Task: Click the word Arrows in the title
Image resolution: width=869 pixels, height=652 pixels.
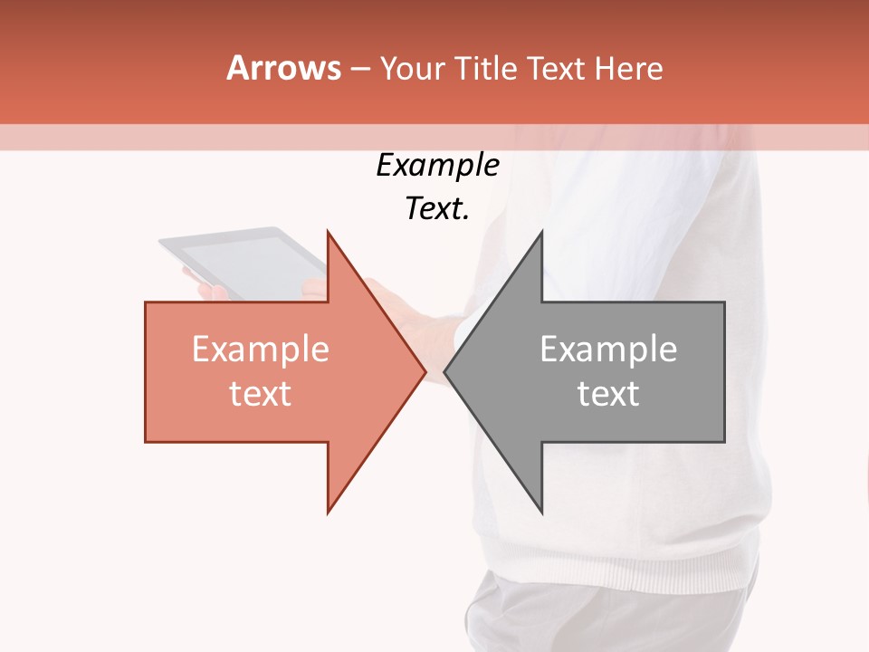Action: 283,68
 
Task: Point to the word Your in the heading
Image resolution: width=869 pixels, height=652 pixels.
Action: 412,68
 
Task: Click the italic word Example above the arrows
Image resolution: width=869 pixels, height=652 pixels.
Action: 437,166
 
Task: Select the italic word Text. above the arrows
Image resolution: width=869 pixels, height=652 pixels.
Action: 437,209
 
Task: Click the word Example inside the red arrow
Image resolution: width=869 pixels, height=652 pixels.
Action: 261,350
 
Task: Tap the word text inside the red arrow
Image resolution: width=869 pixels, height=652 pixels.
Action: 261,394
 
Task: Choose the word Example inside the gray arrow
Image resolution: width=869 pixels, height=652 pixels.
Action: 608,350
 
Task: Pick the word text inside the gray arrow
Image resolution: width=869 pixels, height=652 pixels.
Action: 608,394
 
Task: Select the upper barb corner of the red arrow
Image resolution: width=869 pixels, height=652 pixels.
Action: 329,234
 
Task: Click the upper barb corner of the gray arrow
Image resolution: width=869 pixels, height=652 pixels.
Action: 541,234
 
